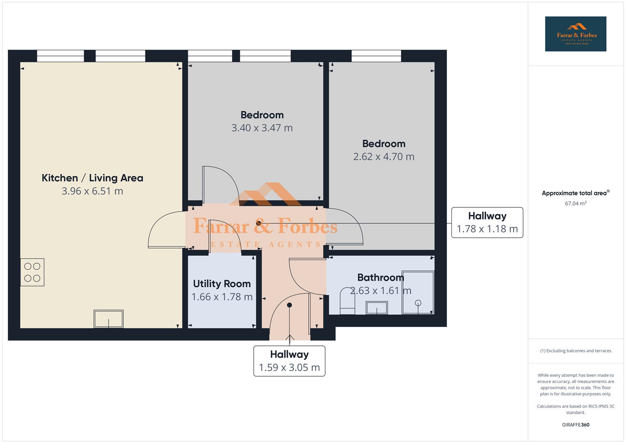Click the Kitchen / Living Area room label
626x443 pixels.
(92, 178)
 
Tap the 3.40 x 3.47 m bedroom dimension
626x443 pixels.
(262, 128)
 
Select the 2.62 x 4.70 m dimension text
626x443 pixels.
(384, 157)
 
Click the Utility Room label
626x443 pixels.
(222, 284)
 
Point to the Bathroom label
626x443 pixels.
(380, 278)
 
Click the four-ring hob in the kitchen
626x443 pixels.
(32, 272)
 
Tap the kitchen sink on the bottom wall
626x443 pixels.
(109, 319)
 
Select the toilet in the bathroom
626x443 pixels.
(347, 301)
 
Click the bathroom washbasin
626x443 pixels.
(376, 308)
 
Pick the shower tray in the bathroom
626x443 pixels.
(418, 292)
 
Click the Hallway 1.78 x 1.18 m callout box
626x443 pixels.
(487, 222)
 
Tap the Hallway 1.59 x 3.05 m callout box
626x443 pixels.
(289, 361)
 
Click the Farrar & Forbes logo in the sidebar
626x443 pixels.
(576, 34)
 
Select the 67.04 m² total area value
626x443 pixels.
(576, 203)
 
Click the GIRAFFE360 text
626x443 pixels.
(576, 425)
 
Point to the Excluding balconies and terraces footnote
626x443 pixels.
(576, 351)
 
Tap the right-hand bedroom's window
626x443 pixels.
(376, 56)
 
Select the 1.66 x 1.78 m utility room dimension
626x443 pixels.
(222, 297)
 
